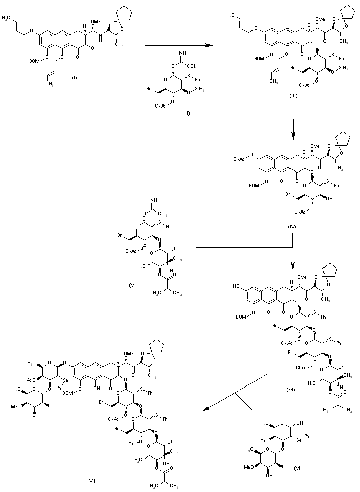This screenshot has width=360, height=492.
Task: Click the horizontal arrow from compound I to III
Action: pos(177,46)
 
